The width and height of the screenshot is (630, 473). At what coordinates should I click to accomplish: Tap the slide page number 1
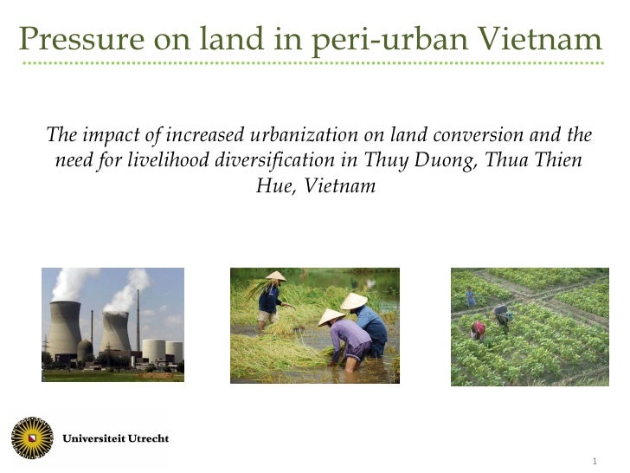[595, 459]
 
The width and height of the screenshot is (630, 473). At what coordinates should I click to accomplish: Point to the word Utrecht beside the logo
[143, 437]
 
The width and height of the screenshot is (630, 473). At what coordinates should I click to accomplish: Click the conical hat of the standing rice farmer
[275, 276]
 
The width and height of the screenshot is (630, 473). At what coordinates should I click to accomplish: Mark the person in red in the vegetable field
[477, 329]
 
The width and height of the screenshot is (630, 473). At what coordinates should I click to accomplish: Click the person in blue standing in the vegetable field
[470, 298]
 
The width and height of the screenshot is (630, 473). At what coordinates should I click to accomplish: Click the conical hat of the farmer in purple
[331, 317]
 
